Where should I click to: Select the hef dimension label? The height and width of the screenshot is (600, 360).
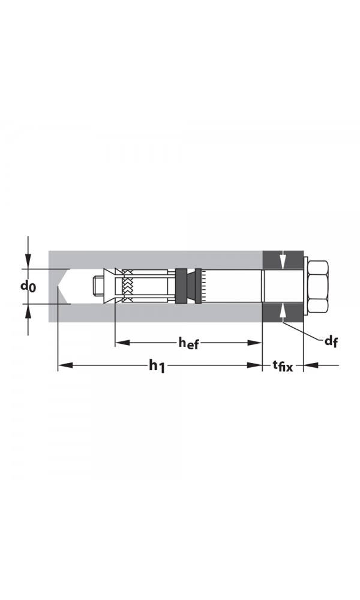pos(188,343)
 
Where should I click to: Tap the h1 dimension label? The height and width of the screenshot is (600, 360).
pos(157,365)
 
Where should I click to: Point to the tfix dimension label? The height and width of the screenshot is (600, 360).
pos(283,365)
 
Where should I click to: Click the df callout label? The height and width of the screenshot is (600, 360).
pos(331,341)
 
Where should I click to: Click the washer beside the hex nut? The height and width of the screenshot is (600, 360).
pos(306,286)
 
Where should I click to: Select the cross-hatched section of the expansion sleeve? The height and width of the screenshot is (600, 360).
pos(127,286)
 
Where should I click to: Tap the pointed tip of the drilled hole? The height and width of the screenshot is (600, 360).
pos(59,286)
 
